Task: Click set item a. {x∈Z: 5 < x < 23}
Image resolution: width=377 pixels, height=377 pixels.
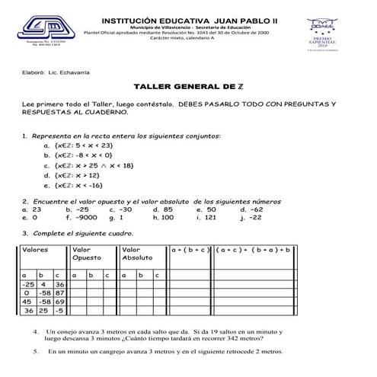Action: (79, 145)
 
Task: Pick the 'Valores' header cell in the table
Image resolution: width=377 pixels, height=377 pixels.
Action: (35, 249)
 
